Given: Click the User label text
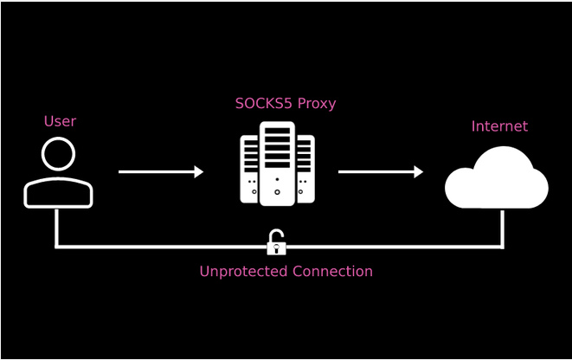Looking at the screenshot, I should point(60,121).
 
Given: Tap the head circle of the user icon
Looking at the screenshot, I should point(58,156).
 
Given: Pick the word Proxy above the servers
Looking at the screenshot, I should point(316,104).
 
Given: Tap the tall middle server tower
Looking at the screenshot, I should point(277,164).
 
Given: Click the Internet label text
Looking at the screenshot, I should point(499,126).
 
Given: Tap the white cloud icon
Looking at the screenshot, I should point(496,179).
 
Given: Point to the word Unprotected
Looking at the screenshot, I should point(244,272).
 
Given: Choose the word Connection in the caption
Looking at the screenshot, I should point(332,272).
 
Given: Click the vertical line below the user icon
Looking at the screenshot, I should point(57,228).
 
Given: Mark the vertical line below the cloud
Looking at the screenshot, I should point(503,228).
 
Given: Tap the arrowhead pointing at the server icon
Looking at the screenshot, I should point(199,172).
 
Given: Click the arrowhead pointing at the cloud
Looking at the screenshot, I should point(419,172).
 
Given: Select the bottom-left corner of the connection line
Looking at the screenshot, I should point(57,247).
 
